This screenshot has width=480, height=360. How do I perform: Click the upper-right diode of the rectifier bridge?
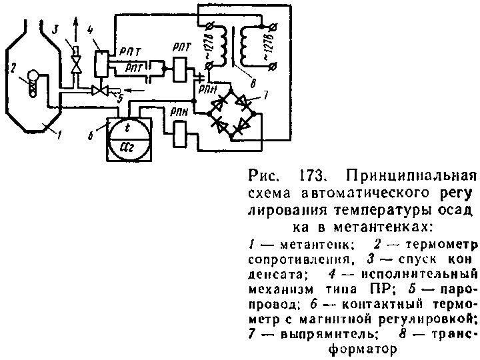click(246, 103)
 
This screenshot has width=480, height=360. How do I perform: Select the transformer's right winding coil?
click(251, 47)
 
